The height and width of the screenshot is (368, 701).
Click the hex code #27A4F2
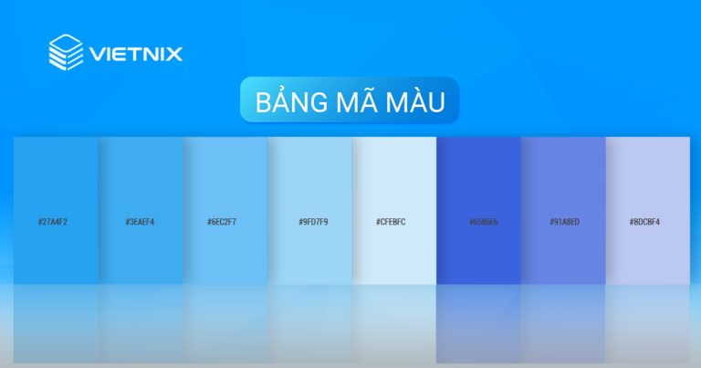54,222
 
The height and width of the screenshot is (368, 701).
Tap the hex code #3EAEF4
140,222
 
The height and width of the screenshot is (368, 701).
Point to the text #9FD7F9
313,222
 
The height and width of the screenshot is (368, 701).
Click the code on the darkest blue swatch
483,222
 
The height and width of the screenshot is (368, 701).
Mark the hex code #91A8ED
564,222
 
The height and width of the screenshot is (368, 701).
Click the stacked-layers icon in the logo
66,51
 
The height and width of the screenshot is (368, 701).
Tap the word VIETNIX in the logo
136,53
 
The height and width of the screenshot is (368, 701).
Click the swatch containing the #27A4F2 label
55,183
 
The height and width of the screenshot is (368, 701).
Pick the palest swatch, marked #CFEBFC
394,183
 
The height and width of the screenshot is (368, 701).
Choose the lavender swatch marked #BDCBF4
647,183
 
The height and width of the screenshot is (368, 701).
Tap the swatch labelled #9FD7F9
309,183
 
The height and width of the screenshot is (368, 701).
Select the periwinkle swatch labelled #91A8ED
563,183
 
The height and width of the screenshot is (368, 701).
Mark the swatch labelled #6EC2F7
225,183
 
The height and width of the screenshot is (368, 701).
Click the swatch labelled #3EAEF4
140,183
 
